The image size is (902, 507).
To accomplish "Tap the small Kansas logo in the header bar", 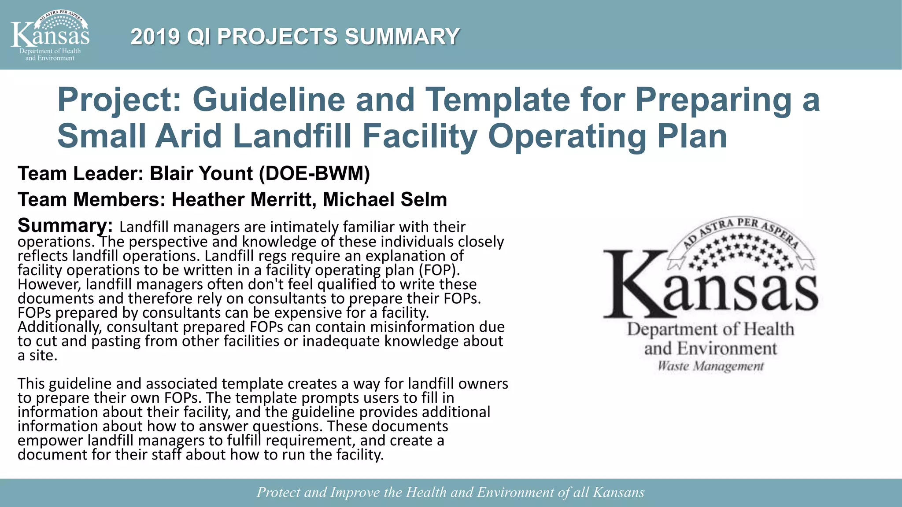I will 50,36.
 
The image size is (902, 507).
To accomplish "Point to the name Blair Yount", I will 201,173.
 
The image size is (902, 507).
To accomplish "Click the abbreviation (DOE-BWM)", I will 314,173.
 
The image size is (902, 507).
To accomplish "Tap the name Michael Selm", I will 385,200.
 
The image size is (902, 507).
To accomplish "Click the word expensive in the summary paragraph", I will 308,312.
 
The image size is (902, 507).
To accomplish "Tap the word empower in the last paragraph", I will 50,440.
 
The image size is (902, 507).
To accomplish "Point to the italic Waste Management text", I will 710,366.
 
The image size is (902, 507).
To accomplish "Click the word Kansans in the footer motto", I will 618,492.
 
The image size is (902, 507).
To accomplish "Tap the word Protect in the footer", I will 278,492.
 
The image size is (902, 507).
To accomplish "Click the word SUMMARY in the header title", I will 402,37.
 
